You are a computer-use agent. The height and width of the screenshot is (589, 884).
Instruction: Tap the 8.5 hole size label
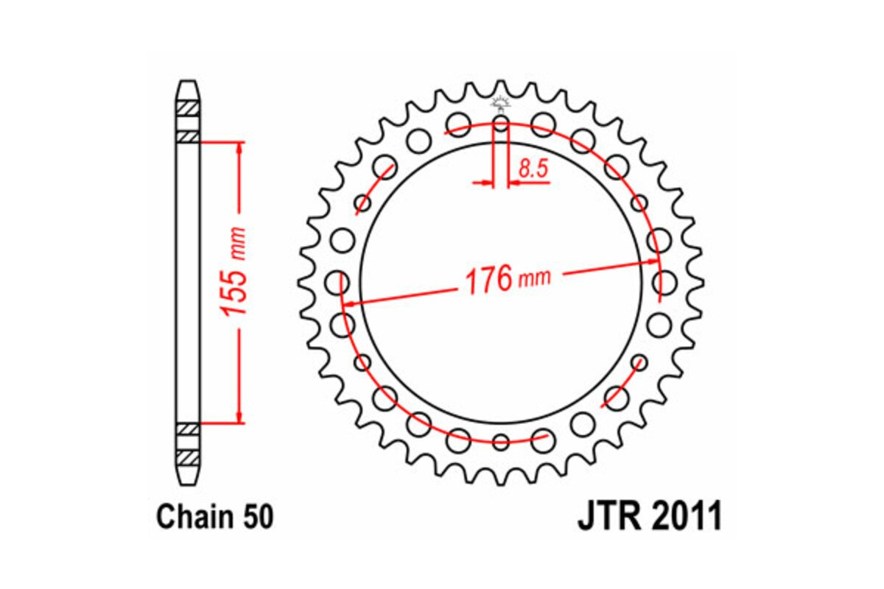[x=532, y=169]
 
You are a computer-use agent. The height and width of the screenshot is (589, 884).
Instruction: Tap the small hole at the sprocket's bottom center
[x=501, y=442]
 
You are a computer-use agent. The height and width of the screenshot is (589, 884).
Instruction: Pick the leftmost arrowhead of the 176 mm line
[x=351, y=303]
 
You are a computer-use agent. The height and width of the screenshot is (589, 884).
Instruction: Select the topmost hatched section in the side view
[x=188, y=107]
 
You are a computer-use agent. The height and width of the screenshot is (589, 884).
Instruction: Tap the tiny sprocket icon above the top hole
[x=501, y=103]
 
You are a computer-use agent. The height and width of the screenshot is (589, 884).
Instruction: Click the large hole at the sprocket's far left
[x=338, y=281]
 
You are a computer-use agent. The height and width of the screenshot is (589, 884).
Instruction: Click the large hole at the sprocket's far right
[x=664, y=281]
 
